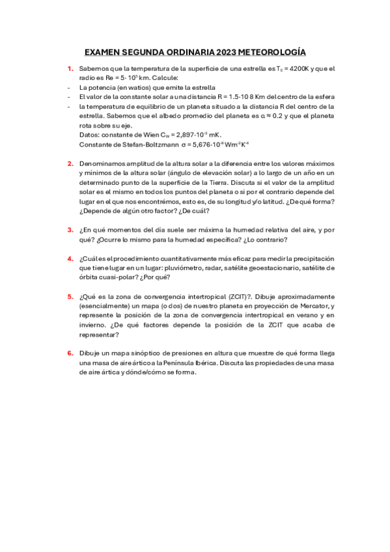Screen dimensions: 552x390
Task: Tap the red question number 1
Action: pyautogui.click(x=70, y=68)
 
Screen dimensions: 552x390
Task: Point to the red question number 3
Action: pyautogui.click(x=70, y=229)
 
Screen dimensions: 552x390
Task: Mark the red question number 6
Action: pyautogui.click(x=70, y=353)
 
